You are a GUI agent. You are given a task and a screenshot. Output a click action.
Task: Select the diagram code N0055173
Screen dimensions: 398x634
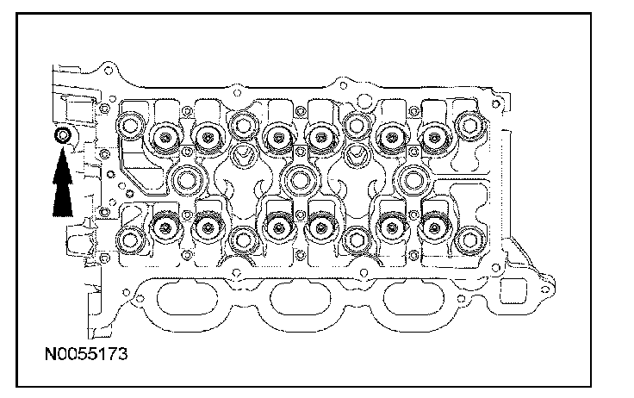(x=83, y=352)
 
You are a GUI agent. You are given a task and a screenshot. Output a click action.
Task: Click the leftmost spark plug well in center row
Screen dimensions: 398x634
(x=187, y=179)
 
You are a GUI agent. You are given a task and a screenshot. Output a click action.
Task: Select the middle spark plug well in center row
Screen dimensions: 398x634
(x=299, y=179)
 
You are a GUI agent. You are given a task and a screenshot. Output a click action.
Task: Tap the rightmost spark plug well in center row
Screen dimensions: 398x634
(x=413, y=179)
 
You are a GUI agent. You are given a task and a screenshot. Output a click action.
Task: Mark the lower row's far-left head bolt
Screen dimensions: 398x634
(x=131, y=239)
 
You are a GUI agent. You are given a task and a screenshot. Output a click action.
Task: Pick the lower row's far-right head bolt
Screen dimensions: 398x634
(x=469, y=239)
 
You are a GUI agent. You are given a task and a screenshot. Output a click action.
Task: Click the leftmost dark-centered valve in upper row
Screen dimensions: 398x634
(x=164, y=134)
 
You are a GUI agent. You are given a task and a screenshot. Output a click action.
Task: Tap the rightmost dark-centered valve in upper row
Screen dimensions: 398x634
(x=432, y=134)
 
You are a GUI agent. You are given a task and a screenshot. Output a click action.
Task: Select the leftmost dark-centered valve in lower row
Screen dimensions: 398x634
(x=164, y=227)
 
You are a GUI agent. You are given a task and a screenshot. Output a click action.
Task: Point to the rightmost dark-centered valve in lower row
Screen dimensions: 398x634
(x=432, y=227)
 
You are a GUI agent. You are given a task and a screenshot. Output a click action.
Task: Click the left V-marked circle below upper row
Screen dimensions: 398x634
(x=242, y=156)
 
